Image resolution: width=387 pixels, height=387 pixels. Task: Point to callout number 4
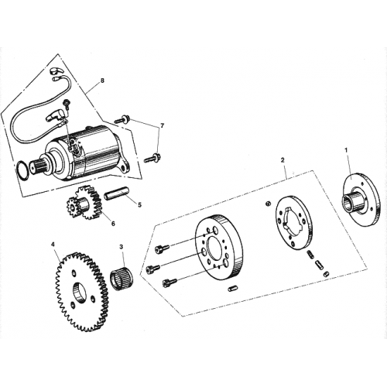(x=53, y=245)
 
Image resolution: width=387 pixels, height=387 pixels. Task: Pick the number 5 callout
(x=139, y=205)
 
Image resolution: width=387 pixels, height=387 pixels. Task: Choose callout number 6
(x=113, y=223)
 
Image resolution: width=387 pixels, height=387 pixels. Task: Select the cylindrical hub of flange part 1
(x=354, y=204)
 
